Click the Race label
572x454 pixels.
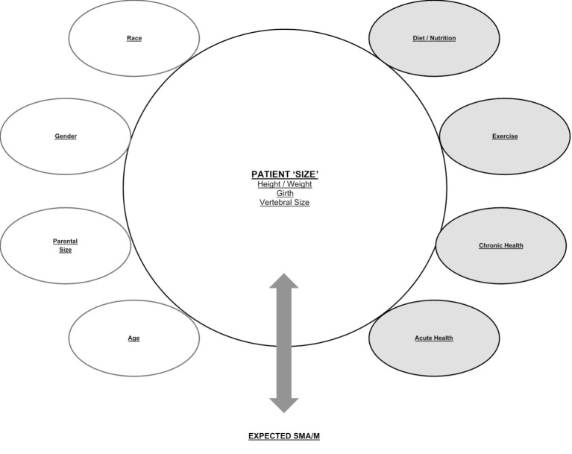(134, 38)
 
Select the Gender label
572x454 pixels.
(66, 136)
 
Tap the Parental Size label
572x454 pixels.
(66, 245)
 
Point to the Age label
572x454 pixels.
(133, 338)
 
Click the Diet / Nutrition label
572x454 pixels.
(435, 38)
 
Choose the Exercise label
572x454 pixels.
(505, 136)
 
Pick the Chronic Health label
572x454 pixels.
(501, 245)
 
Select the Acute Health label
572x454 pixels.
(434, 338)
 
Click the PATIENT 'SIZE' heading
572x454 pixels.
(284, 174)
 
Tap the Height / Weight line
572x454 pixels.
(284, 183)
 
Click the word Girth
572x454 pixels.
(284, 193)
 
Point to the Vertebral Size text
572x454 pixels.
(284, 203)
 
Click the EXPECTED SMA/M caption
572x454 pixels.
(284, 435)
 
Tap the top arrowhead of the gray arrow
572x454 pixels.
(284, 282)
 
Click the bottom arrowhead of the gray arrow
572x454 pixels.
(284, 405)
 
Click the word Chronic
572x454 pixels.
(491, 245)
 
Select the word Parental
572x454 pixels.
(66, 241)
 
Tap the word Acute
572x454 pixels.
(424, 338)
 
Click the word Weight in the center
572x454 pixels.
(296, 183)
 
